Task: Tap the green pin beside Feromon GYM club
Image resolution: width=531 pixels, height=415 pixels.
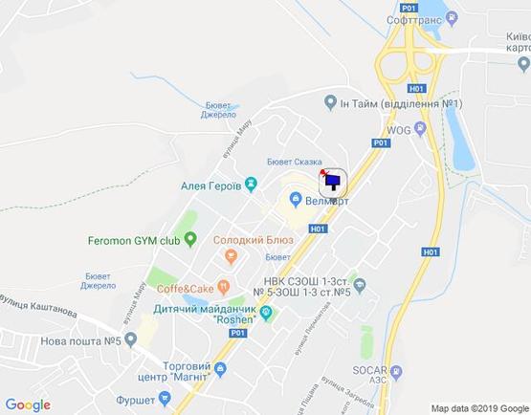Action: pyautogui.click(x=189, y=238)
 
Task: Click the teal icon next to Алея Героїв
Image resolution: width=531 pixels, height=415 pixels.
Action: pyautogui.click(x=251, y=184)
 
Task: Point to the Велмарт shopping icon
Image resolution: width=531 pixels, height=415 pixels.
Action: pyautogui.click(x=298, y=200)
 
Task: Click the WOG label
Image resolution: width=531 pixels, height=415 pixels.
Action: pyautogui.click(x=399, y=127)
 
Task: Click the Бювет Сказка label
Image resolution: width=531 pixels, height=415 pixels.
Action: pyautogui.click(x=294, y=163)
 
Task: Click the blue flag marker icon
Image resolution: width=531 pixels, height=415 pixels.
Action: pyautogui.click(x=334, y=180)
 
